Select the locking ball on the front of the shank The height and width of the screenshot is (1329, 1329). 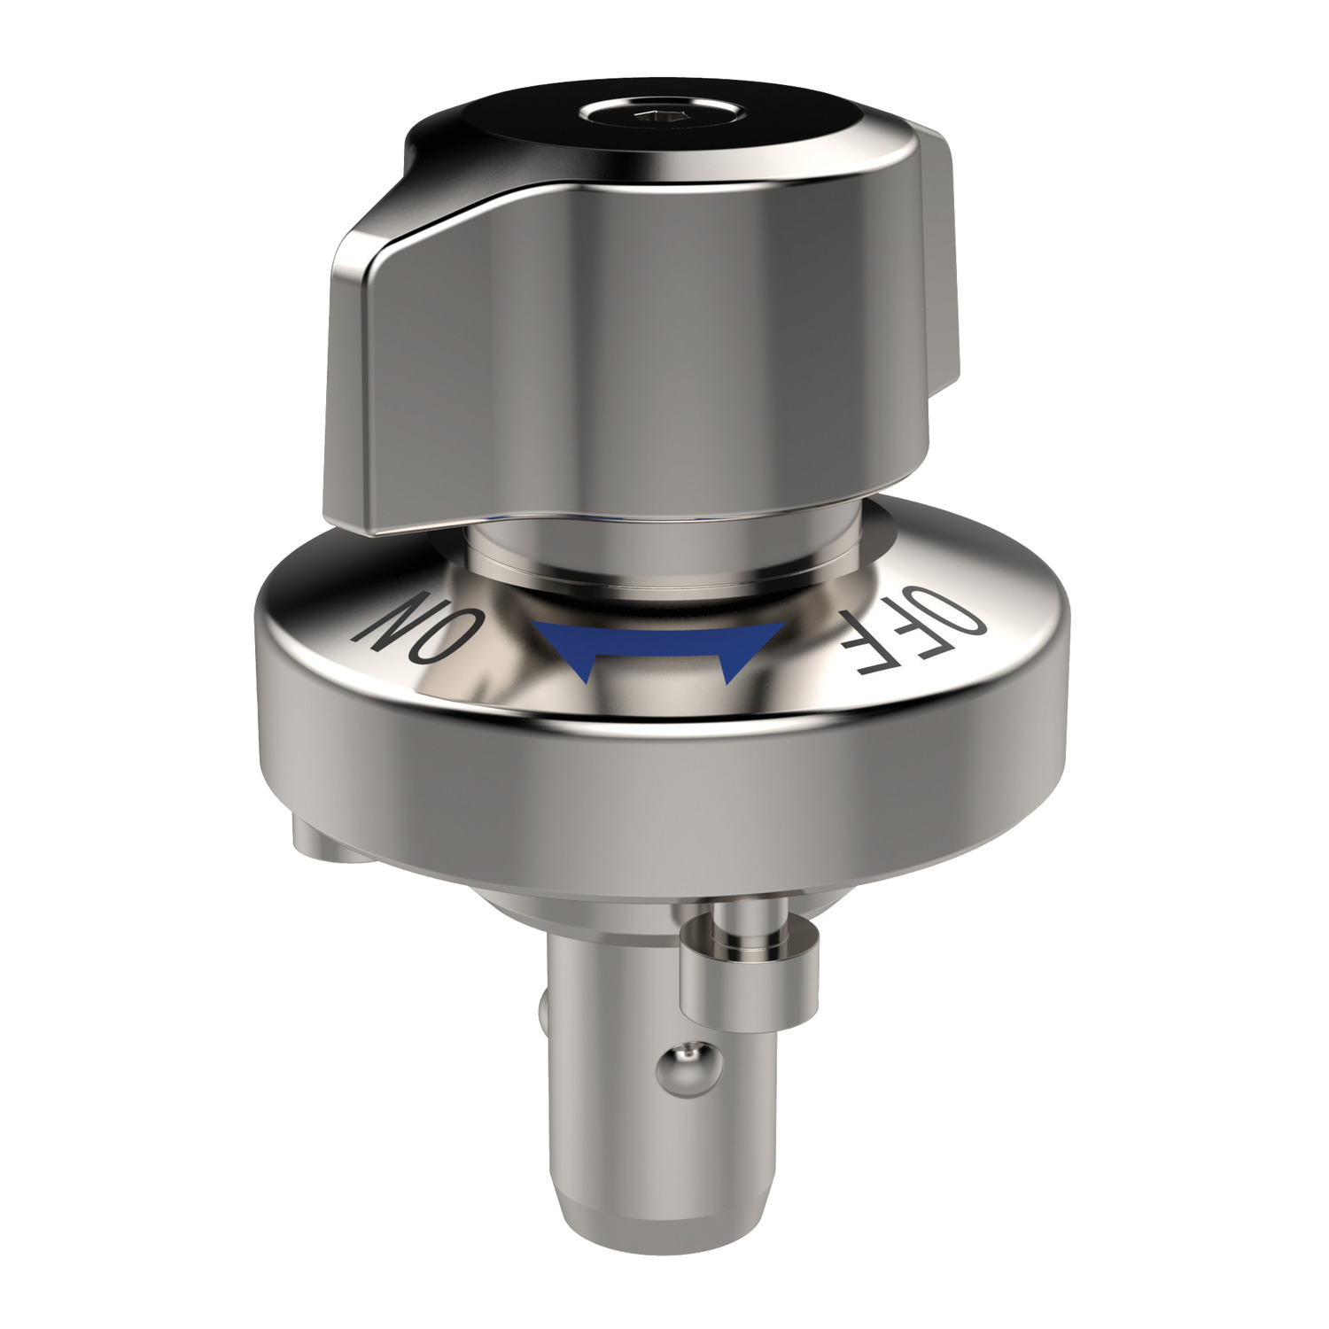pos(683,1063)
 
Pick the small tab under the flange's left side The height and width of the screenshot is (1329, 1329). pos(319,837)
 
